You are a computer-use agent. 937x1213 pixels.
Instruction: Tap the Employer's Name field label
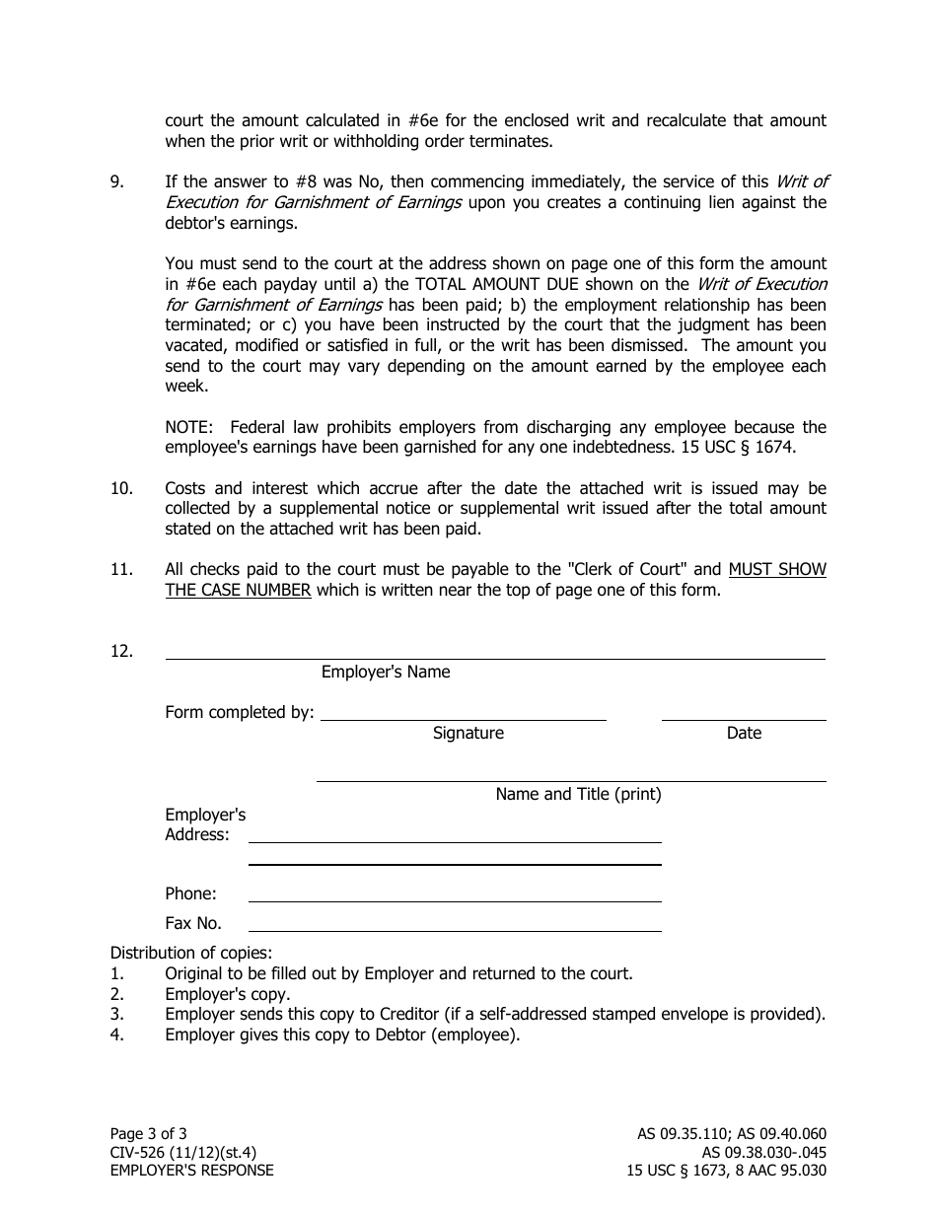386,673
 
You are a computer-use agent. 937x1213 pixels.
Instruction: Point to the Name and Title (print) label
578,795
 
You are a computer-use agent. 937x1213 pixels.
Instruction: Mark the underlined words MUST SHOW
777,570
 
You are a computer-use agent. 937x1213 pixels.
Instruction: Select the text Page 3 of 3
148,1135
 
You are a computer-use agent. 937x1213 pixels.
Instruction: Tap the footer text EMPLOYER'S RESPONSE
192,1172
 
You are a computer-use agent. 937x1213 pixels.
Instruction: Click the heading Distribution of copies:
191,954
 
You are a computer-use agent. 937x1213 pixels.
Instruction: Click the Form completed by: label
240,713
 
